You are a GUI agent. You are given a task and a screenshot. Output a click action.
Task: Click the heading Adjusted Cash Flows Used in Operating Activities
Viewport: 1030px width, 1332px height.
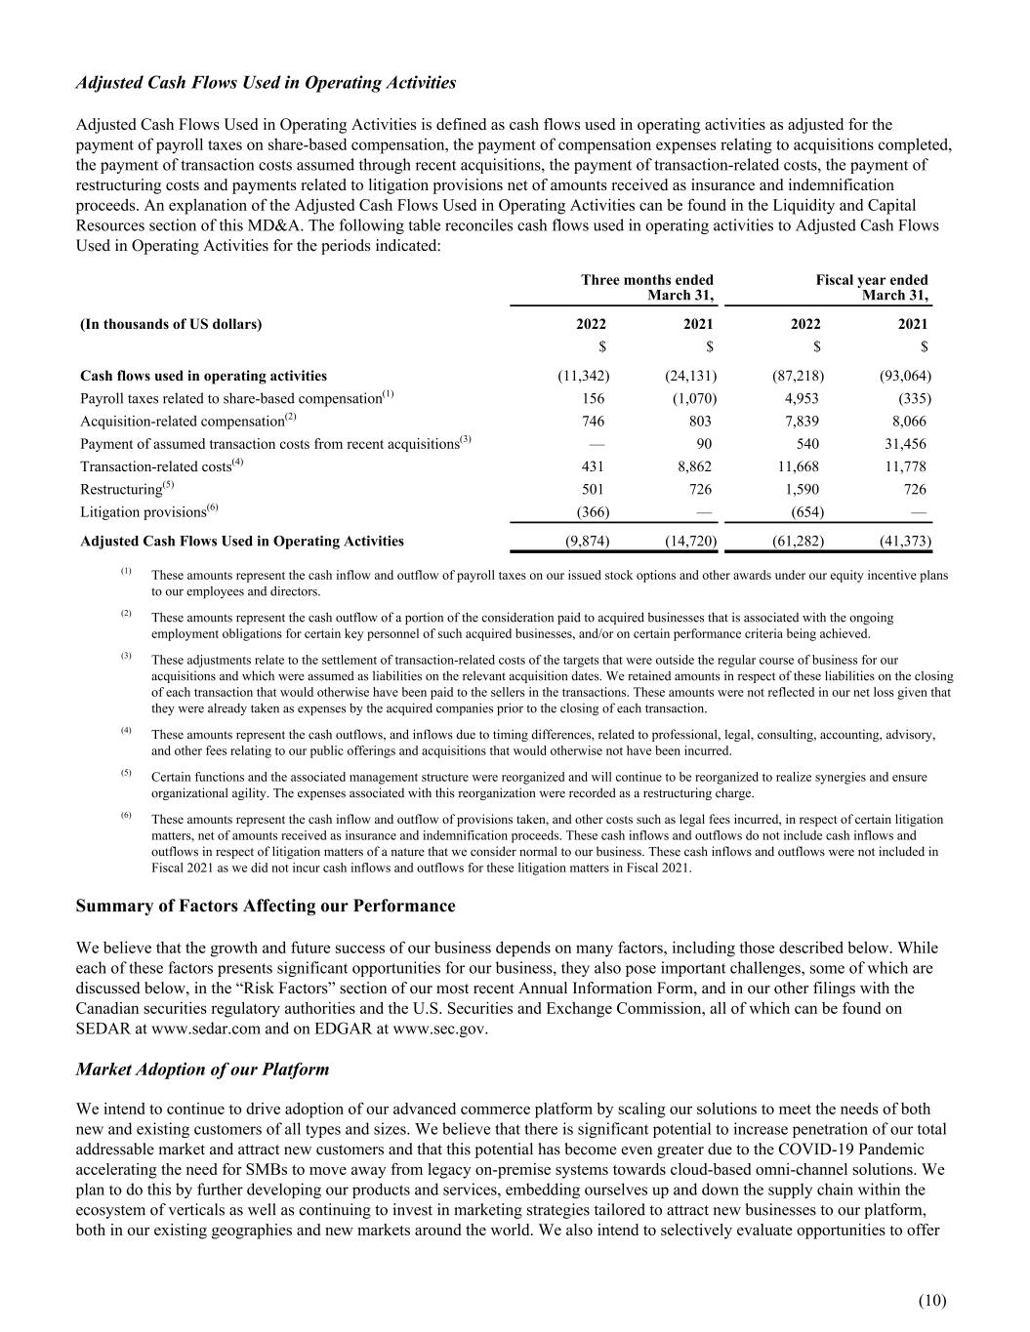[266, 83]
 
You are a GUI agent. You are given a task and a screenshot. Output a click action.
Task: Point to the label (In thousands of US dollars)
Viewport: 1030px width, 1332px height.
[171, 324]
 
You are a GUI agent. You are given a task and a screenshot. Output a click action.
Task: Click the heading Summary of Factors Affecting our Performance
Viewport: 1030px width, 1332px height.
[266, 906]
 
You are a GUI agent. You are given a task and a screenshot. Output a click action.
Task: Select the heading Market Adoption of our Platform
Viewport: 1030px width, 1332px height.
[202, 1070]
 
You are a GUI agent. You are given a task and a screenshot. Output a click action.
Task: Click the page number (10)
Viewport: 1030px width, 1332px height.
[932, 1300]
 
